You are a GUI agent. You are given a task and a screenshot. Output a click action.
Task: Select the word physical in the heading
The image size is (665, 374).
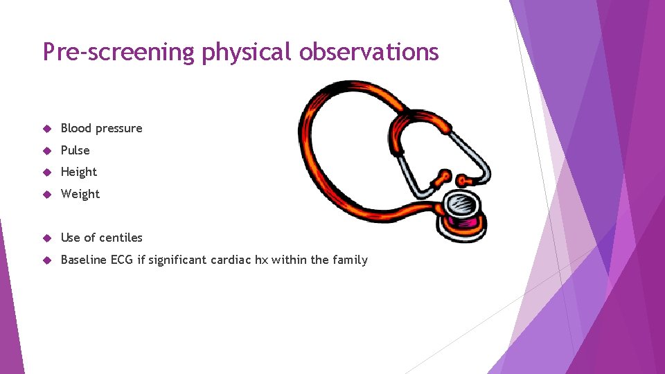243,52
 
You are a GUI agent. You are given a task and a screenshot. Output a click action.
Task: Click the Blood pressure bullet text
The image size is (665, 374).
101,128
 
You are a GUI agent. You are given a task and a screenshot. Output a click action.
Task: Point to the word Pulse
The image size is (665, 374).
75,150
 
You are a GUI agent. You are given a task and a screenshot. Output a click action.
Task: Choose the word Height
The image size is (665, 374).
79,172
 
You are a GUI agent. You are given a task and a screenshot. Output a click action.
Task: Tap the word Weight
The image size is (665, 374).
80,194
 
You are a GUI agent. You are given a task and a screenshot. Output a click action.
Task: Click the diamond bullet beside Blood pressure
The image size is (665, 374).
47,129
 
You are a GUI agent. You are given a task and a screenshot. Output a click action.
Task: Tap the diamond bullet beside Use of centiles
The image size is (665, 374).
47,238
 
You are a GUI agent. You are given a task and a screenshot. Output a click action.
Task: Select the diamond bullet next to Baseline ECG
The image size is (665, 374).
47,260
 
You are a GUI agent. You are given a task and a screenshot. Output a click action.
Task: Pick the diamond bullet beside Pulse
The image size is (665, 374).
47,151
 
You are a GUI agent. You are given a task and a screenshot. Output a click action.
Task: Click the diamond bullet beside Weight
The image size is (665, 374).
47,195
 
